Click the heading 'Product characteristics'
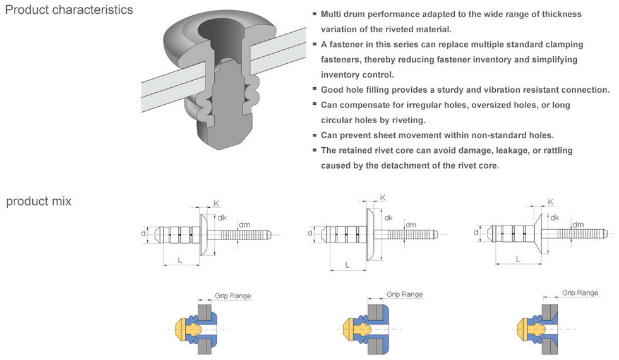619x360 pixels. click(x=69, y=10)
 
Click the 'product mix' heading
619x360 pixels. click(x=39, y=201)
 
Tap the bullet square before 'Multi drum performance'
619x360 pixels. click(x=315, y=13)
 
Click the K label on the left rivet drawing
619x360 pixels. click(x=216, y=203)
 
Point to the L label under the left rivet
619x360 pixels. click(x=181, y=260)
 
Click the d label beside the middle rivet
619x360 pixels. click(x=310, y=233)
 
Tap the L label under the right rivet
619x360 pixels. click(x=518, y=258)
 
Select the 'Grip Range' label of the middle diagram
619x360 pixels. click(x=404, y=294)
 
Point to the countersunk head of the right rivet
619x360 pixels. click(x=542, y=232)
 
